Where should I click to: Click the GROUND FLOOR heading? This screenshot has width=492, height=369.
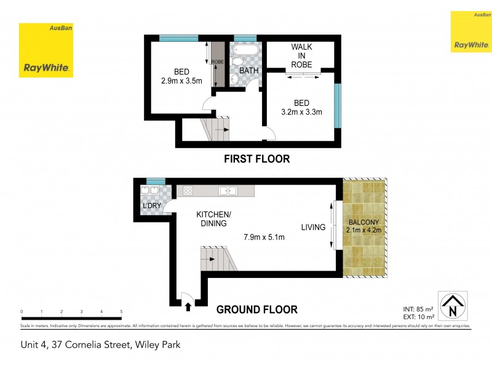click(257, 309)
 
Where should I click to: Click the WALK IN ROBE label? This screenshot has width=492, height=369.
click(301, 55)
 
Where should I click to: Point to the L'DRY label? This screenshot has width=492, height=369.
click(151, 205)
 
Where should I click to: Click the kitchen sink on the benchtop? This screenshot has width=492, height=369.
click(228, 191)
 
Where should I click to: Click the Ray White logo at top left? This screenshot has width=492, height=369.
click(46, 50)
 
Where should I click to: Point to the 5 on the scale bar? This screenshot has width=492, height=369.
click(121, 312)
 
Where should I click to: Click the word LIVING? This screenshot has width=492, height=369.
click(313, 228)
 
